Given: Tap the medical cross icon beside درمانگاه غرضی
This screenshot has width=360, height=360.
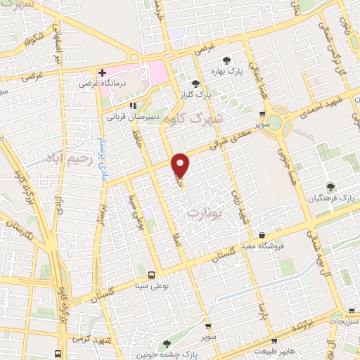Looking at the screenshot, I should point(103,72).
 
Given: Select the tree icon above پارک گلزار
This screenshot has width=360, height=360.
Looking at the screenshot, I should point(205,84).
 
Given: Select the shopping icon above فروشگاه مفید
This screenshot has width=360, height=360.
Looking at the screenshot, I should point(262,235).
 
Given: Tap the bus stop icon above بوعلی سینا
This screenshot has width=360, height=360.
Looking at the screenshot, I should point(152,274).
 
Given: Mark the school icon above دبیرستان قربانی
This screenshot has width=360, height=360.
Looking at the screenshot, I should point(132,105).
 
